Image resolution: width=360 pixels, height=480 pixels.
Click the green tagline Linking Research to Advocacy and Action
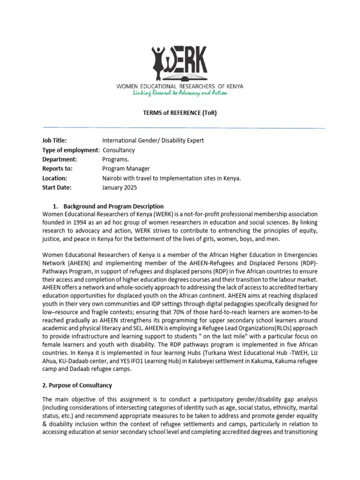coord(180,93)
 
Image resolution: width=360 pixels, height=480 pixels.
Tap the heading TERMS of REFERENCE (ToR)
coord(180,113)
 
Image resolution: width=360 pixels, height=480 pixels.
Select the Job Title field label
coord(54,140)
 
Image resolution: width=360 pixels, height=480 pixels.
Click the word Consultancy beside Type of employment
coord(119,150)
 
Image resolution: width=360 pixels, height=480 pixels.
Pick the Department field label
coord(60,159)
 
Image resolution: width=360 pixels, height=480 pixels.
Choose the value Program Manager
coord(126,169)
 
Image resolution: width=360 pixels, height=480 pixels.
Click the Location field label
coord(55,178)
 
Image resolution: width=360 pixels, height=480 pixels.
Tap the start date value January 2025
coord(120,187)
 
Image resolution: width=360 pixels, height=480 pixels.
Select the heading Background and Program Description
coord(113,206)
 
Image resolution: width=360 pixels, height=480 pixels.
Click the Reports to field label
coord(58,169)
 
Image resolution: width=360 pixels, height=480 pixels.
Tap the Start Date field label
coord(57,187)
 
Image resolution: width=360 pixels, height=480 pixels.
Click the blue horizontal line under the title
coord(184,127)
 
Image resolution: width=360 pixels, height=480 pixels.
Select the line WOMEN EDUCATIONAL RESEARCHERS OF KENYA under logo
coord(180,86)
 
